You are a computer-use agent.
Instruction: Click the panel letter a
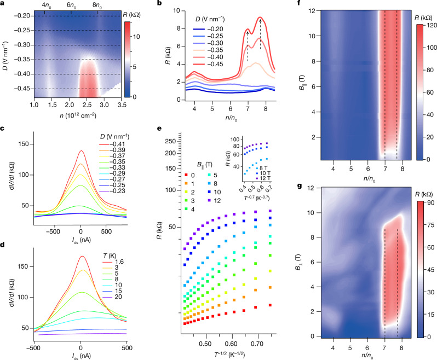pyautogui.click(x=3, y=4)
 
